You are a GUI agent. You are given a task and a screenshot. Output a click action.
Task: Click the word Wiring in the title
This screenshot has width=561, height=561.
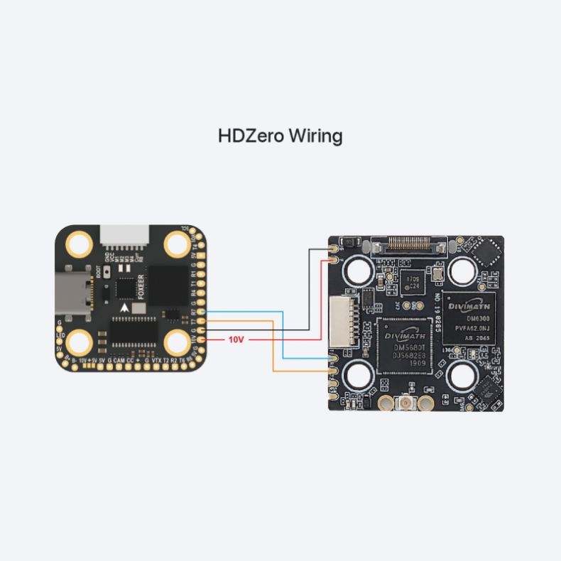pyautogui.click(x=315, y=136)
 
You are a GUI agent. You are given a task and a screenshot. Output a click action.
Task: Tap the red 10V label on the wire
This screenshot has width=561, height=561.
pyautogui.click(x=236, y=340)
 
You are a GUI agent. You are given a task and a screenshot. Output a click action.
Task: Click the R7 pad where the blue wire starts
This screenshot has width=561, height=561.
pyautogui.click(x=202, y=312)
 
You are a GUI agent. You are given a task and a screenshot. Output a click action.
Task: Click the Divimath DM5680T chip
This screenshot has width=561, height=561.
pyautogui.click(x=403, y=344)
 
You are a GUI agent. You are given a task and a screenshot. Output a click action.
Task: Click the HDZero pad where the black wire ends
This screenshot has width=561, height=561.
pyautogui.click(x=333, y=250)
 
